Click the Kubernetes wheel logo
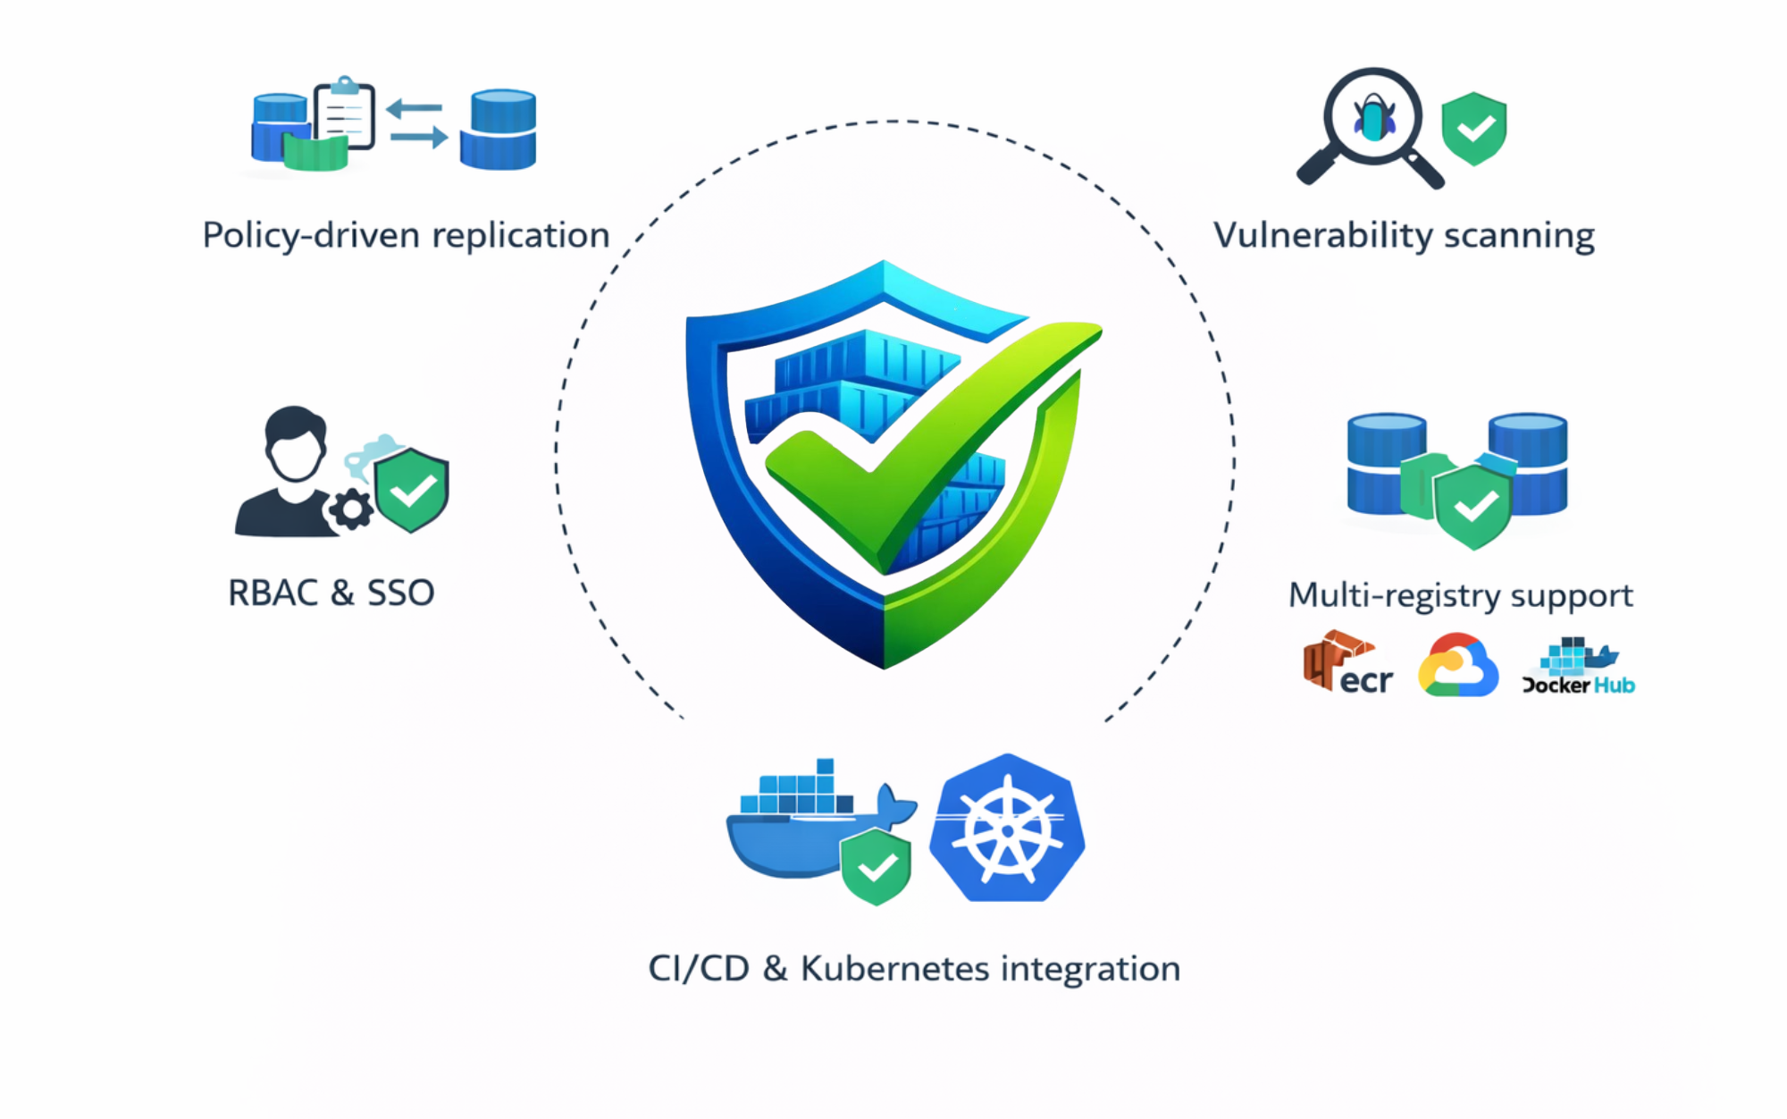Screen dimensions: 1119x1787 click(x=1007, y=829)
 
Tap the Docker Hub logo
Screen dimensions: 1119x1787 click(x=1578, y=667)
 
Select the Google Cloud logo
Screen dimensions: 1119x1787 click(x=1457, y=666)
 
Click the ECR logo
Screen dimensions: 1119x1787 click(x=1347, y=663)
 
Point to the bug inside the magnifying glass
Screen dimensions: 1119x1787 click(x=1374, y=119)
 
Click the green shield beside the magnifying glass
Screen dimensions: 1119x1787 click(x=1474, y=129)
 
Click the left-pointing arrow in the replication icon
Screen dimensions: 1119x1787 click(x=415, y=108)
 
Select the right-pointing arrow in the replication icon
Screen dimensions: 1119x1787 click(x=419, y=137)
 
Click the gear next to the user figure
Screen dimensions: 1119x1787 click(x=351, y=510)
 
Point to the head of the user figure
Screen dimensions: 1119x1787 click(x=295, y=444)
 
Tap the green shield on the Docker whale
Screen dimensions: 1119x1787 click(x=877, y=866)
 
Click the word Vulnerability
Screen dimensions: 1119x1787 click(x=1323, y=236)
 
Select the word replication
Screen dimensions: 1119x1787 click(x=521, y=236)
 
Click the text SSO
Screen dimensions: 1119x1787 click(x=400, y=593)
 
